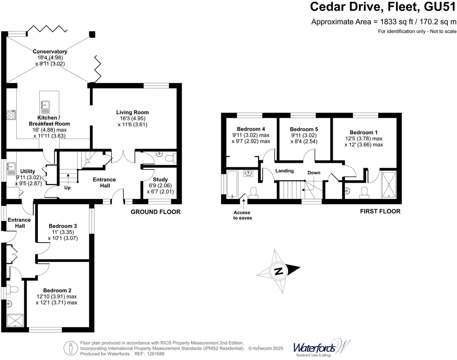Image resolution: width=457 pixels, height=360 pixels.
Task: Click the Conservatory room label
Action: pyautogui.click(x=50, y=52)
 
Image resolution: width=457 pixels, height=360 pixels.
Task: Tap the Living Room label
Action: pyautogui.click(x=132, y=112)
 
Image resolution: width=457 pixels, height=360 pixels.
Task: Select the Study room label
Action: pyautogui.click(x=160, y=179)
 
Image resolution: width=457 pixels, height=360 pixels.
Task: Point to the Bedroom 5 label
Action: pyautogui.click(x=304, y=129)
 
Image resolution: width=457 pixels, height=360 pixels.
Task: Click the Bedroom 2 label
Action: pyautogui.click(x=57, y=290)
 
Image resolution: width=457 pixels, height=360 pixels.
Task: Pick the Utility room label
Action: pyautogui.click(x=27, y=171)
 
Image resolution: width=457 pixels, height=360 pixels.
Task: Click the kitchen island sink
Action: pyautogui.click(x=45, y=107)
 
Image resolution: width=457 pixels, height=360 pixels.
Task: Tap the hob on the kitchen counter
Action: pyautogui.click(x=11, y=115)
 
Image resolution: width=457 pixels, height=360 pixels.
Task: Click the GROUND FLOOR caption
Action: pyautogui.click(x=155, y=212)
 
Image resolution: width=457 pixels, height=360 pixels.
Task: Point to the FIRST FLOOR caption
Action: pyautogui.click(x=380, y=211)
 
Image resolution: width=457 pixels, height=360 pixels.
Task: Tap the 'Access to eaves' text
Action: pyautogui.click(x=242, y=215)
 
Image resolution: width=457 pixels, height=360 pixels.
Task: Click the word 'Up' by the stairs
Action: pyautogui.click(x=68, y=188)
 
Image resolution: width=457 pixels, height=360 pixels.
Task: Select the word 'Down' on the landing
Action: pyautogui.click(x=314, y=173)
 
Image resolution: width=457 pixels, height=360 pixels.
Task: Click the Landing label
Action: pyautogui.click(x=284, y=171)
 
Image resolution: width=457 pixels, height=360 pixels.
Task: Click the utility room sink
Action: pyautogui.click(x=11, y=169)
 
